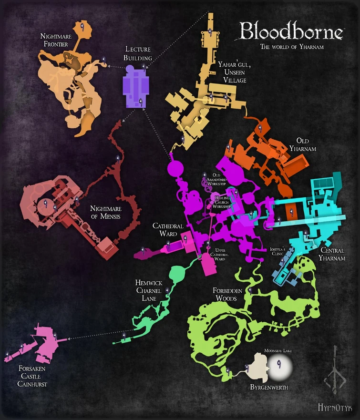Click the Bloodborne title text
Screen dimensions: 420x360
(291, 31)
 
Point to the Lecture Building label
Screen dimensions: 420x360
(139, 53)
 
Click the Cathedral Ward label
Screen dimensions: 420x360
(165, 230)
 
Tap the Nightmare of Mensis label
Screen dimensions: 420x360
(106, 212)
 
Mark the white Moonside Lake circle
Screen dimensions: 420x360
(279, 365)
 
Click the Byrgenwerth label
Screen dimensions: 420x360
(269, 387)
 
